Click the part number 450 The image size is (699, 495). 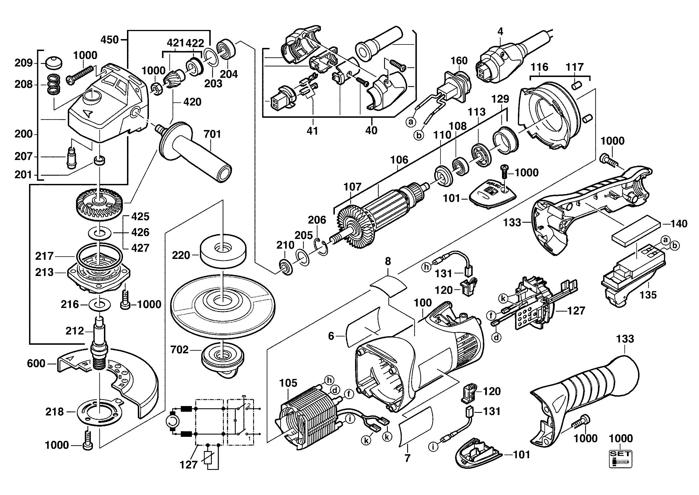(110, 40)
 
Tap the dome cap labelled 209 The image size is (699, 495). (54, 63)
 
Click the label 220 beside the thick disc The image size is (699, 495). (181, 255)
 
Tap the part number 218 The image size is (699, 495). (54, 412)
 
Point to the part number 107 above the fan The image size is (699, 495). (352, 186)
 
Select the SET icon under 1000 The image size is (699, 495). (620, 459)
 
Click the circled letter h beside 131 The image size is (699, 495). (427, 267)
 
